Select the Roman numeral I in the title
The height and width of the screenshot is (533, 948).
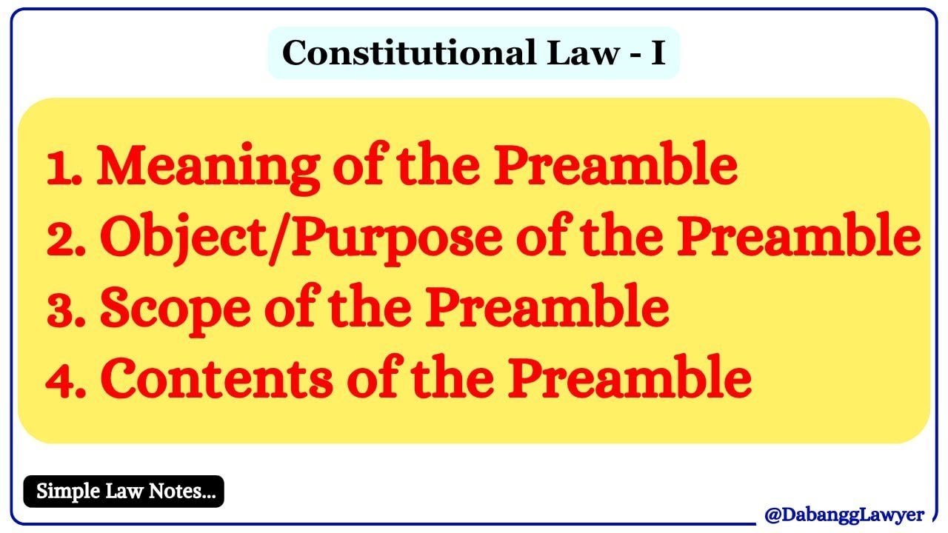point(658,53)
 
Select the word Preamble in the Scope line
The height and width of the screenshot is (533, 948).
point(564,309)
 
